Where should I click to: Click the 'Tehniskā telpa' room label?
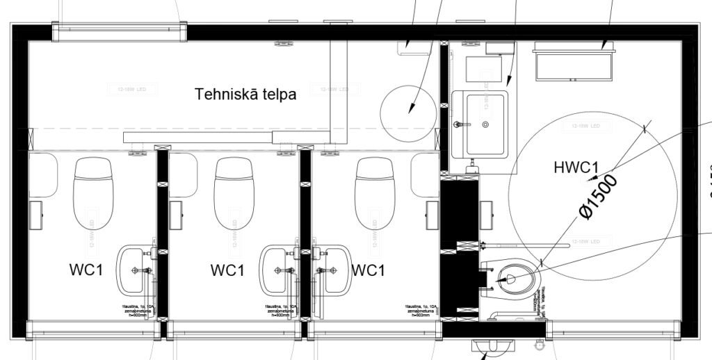point(245,94)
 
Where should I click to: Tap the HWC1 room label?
point(576,167)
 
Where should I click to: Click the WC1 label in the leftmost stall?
point(86,270)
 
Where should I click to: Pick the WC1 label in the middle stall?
point(228,270)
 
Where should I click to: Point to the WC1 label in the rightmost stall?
point(368,270)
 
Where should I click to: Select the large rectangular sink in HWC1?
point(479,124)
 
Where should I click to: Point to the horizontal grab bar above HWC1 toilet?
point(521,244)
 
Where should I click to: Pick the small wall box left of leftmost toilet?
point(35,213)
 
